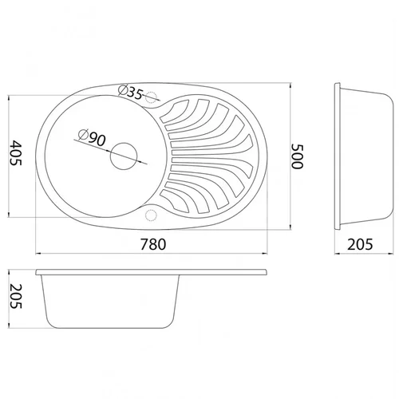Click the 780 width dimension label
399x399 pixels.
coord(153,244)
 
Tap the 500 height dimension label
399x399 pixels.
coord(297,156)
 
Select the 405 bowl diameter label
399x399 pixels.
coord(15,153)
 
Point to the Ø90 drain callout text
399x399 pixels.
coord(93,137)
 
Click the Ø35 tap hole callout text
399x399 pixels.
coord(131,92)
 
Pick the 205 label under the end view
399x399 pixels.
coord(360,244)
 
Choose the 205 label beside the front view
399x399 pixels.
coord(15,296)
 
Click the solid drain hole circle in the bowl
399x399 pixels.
coord(124,156)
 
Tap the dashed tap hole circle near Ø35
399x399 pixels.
coord(151,97)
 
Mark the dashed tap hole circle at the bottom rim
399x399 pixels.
coord(151,215)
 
